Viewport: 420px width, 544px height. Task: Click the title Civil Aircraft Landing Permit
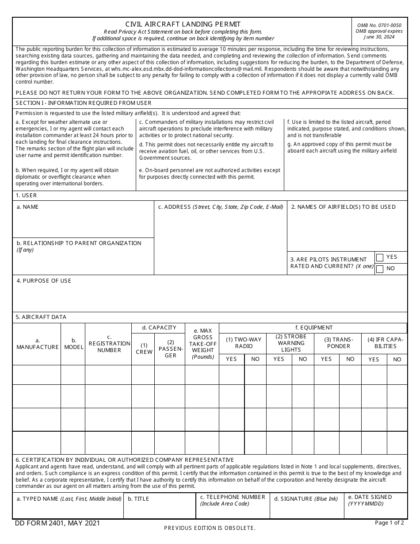coord(183,24)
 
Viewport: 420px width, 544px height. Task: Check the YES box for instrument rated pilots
coord(380,258)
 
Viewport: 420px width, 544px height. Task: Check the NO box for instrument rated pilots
coord(380,269)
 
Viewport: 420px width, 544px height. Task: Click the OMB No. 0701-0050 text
coord(379,25)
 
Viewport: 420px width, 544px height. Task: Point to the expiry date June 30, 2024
coord(379,37)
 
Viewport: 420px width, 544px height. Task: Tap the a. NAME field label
coord(27,207)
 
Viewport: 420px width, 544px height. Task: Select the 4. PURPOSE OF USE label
coord(43,281)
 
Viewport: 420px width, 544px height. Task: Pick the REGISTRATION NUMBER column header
coord(109,344)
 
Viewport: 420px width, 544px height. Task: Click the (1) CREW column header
coord(144,349)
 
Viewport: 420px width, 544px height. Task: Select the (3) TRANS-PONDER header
coord(338,343)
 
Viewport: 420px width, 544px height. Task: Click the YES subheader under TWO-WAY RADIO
coord(231,359)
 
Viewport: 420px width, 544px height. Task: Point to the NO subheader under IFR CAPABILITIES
coord(397,360)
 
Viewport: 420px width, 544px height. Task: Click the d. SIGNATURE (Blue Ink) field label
coord(305,499)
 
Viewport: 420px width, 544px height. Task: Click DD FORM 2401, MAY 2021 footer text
coord(57,523)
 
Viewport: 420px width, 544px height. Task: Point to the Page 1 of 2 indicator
coord(389,523)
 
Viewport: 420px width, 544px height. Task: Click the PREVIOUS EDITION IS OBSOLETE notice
coord(210,528)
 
